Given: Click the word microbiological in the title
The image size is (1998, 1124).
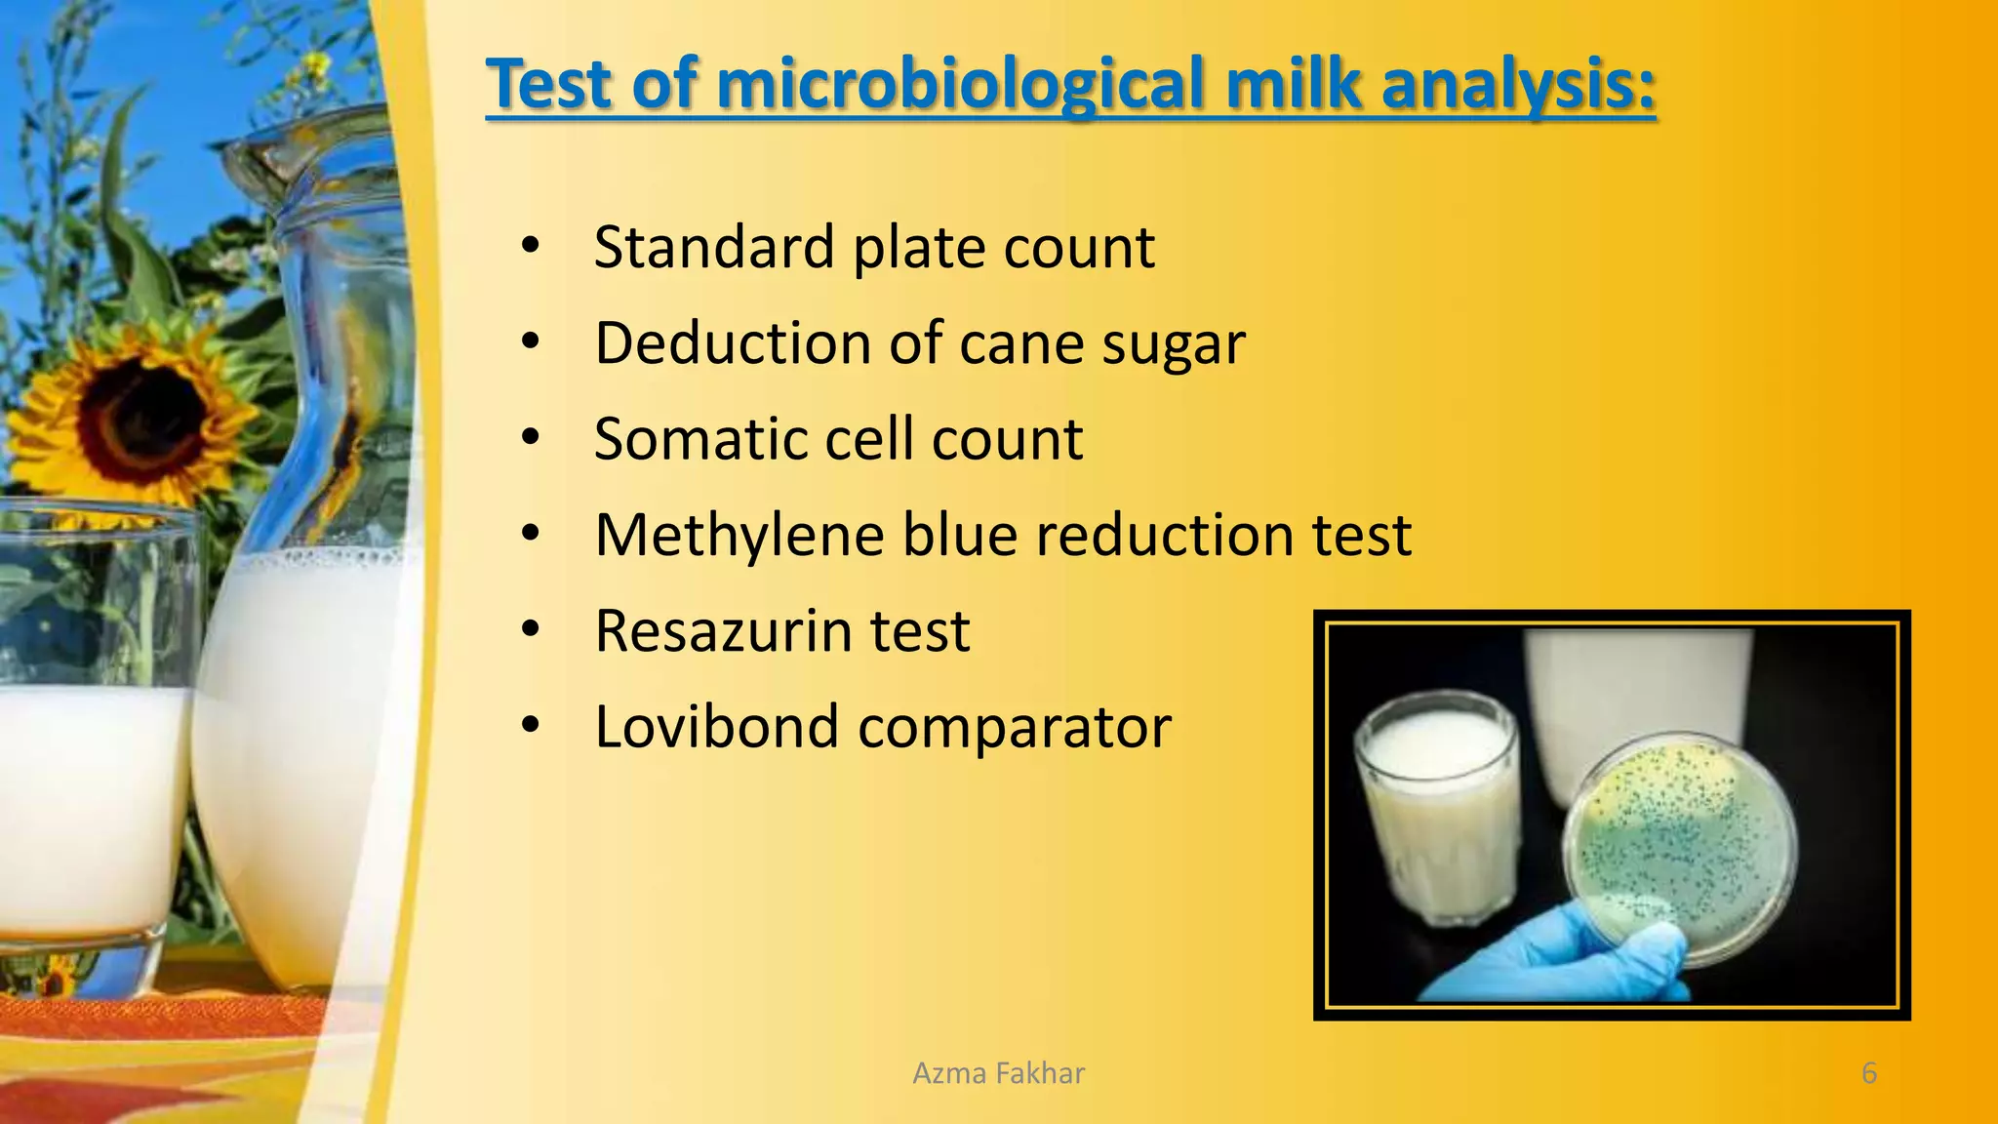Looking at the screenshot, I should pyautogui.click(x=962, y=85).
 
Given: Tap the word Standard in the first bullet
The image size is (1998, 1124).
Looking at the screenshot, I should pyautogui.click(x=713, y=248).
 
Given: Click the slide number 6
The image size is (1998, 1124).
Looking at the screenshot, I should pyautogui.click(x=1868, y=1073).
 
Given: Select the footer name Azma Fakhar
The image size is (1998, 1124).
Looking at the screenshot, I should pyautogui.click(x=998, y=1073).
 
